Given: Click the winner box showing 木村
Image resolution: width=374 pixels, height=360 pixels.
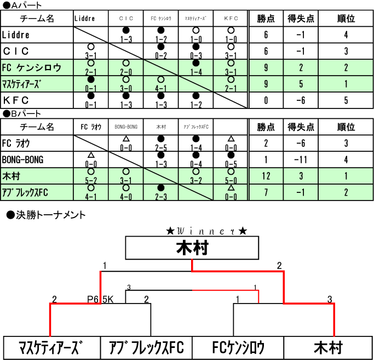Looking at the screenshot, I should (192, 248).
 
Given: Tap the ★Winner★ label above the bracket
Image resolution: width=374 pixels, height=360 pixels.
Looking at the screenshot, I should (207, 231).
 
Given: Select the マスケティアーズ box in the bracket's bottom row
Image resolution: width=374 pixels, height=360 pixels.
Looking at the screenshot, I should (53, 347).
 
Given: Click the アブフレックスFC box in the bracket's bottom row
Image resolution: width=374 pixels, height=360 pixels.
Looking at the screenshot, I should (146, 347).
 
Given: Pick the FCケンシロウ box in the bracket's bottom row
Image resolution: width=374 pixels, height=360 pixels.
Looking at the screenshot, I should (238, 347).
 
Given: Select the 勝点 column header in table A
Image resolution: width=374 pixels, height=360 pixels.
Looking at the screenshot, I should (266, 19).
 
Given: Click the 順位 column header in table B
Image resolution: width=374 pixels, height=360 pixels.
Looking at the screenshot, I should (346, 127).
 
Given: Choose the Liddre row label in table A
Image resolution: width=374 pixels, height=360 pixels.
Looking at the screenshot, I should (16, 35).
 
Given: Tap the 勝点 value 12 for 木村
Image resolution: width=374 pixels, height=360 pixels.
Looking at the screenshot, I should (266, 176).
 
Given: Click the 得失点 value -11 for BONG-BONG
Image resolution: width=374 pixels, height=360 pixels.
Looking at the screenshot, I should (301, 160).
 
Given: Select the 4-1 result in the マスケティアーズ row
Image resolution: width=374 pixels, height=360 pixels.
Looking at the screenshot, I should (160, 86).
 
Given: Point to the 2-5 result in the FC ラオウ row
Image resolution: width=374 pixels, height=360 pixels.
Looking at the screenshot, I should (160, 146).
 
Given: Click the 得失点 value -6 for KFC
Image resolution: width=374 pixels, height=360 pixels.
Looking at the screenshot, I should (301, 100).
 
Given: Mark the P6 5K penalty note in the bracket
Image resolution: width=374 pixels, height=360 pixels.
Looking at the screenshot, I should (100, 300).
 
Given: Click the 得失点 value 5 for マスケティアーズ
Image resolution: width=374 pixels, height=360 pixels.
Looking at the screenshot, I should (301, 84).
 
